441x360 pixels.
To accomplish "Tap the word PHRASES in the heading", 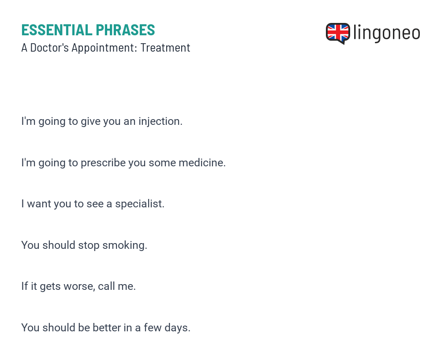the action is [x=125, y=30].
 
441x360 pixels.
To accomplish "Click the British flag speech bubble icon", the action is [x=338, y=34].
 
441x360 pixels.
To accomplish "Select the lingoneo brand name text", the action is [x=386, y=33].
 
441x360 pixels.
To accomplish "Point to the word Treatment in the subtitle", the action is [x=165, y=48].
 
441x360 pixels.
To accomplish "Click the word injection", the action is [x=160, y=122].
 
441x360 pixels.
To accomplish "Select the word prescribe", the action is [x=103, y=163].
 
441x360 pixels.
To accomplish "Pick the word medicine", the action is [x=202, y=163].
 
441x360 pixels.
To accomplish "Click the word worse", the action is [x=79, y=286].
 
